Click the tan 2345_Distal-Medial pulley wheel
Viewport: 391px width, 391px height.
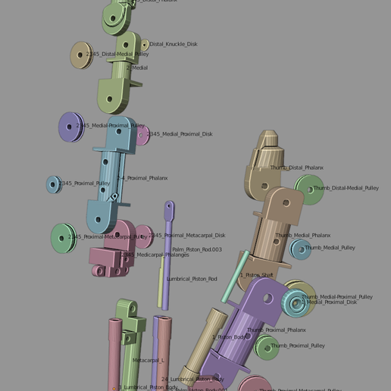point(80,55)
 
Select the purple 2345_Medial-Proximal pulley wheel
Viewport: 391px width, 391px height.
point(70,127)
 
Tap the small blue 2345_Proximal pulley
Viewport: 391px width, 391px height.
point(53,184)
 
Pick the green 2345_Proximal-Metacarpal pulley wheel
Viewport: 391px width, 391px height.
point(64,238)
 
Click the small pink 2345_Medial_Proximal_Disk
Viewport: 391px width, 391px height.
point(142,136)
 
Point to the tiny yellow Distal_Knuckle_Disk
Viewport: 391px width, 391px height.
point(144,45)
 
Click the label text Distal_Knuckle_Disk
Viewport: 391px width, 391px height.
point(173,44)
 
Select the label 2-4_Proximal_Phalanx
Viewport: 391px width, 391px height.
point(142,178)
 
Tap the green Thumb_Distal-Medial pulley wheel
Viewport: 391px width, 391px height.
point(309,189)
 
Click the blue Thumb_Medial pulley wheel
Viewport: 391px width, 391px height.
point(301,249)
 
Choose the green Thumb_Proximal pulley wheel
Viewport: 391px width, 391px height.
point(267,347)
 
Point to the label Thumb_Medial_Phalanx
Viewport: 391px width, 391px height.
point(303,236)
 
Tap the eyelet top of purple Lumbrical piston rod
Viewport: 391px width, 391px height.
point(169,208)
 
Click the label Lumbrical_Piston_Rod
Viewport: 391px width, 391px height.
point(192,279)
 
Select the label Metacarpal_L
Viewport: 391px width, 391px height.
point(148,361)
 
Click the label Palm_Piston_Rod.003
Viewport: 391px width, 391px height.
point(197,249)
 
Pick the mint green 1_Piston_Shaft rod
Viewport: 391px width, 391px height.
point(235,277)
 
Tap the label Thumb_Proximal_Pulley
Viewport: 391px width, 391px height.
point(298,346)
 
